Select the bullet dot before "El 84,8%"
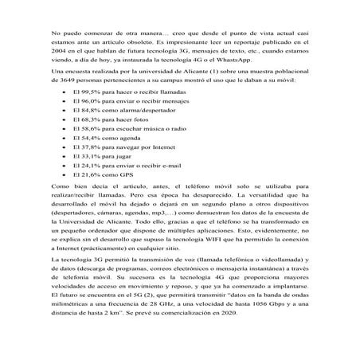[63, 126]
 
